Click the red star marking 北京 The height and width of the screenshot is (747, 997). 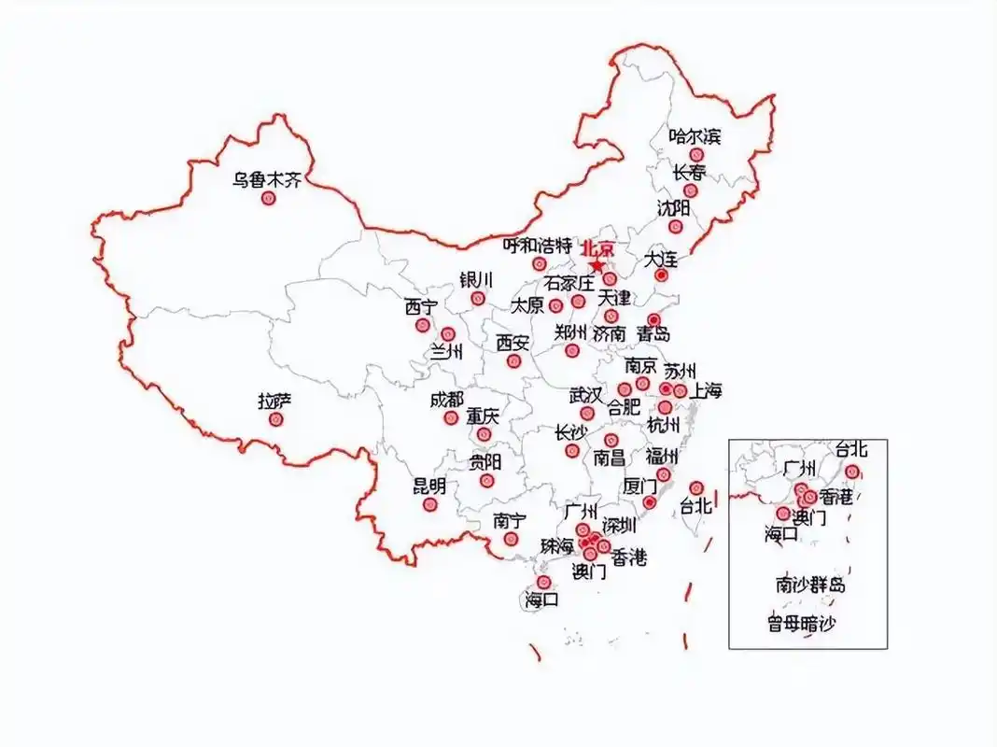point(597,265)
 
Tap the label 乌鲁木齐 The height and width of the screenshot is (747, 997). point(268,179)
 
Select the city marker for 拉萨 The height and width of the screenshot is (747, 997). point(275,420)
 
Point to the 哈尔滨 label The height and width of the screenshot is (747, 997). point(695,137)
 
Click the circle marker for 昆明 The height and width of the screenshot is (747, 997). point(430,504)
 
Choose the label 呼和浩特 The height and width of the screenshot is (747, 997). point(537,246)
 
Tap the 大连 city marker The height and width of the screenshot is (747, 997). point(661,275)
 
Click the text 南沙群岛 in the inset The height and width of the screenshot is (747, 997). point(810,585)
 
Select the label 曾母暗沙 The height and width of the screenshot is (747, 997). point(802,623)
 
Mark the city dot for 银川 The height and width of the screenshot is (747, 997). point(478,299)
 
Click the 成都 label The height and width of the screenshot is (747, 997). point(446,400)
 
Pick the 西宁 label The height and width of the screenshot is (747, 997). point(421,307)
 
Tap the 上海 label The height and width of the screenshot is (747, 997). point(706,391)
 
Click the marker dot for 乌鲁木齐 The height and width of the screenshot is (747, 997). point(269,199)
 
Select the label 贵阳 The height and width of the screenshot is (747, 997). point(485,462)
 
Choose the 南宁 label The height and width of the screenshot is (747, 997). point(510,521)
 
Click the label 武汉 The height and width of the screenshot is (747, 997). point(586,396)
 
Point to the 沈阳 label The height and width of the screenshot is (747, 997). point(673,207)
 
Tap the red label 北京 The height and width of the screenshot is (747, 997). point(598,248)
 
